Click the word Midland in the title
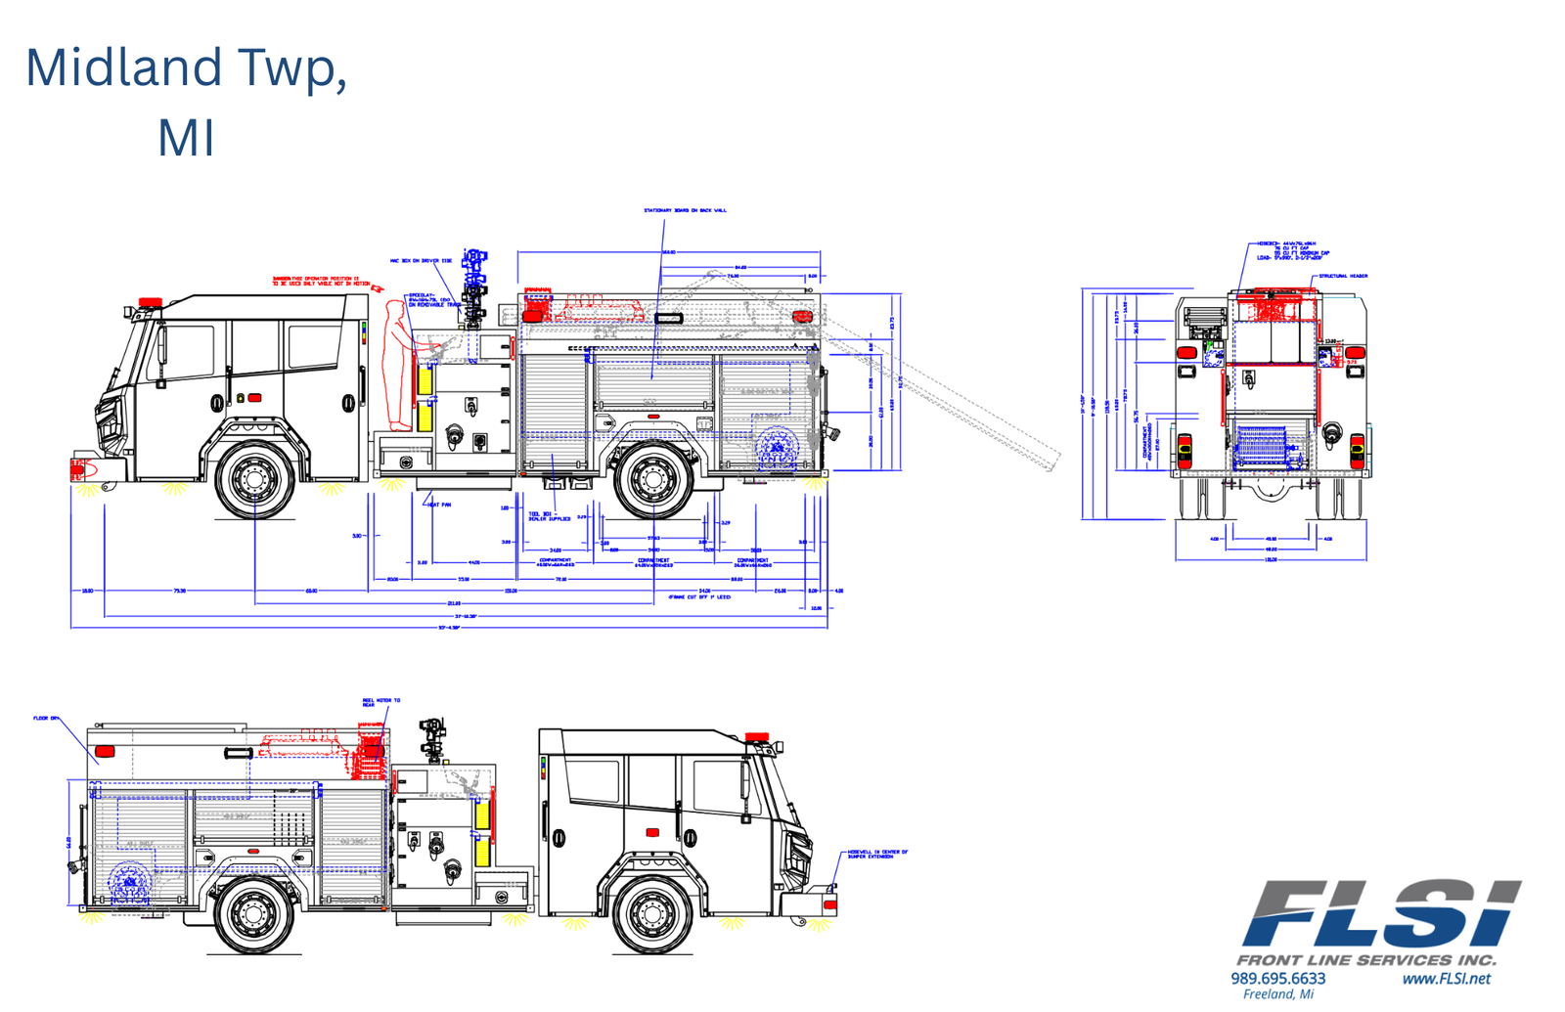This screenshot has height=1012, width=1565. [x=124, y=68]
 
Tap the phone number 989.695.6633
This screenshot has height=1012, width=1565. [x=1277, y=979]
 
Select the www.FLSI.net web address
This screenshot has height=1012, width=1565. [x=1446, y=979]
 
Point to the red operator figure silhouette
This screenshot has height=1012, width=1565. [x=397, y=367]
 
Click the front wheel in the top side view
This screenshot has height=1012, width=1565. [x=254, y=479]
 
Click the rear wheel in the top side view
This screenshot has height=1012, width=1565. [x=652, y=479]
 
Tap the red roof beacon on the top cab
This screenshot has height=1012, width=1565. [x=150, y=302]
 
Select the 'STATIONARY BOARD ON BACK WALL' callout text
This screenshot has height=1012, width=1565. [x=685, y=210]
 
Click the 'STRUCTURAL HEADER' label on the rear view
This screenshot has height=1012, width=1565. [x=1343, y=277]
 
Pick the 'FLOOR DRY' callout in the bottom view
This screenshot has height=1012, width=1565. [x=46, y=719]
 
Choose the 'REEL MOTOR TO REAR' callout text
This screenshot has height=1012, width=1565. [x=381, y=702]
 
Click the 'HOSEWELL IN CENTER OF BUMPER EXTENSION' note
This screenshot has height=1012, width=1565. [x=877, y=855]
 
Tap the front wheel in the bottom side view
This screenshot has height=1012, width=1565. [x=652, y=912]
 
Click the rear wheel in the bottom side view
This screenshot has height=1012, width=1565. [x=253, y=912]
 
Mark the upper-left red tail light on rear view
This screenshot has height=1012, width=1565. [x=1186, y=352]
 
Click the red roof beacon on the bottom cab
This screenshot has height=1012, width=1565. [x=757, y=737]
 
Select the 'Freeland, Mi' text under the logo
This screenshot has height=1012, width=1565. [x=1277, y=995]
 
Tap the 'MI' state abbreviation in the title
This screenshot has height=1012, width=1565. [x=186, y=138]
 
